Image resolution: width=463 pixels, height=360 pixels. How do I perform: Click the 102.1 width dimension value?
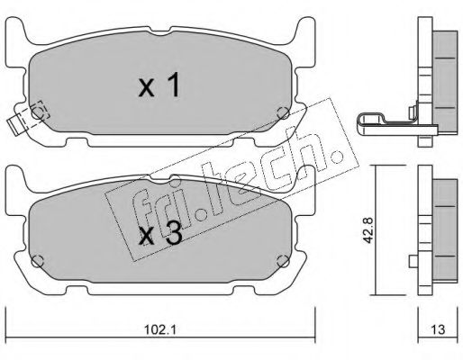pos(159,329)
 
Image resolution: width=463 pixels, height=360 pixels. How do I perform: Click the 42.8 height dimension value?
pos(368,230)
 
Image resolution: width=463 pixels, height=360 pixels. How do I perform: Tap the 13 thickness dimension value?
pos(439,329)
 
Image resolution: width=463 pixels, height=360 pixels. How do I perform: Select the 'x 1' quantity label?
pos(159,85)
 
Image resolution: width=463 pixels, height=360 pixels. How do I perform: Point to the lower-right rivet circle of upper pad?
pos(283,113)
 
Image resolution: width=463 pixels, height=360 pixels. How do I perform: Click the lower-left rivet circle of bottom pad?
pos(38,261)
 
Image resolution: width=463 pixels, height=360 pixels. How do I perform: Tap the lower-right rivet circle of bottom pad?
pos(283,261)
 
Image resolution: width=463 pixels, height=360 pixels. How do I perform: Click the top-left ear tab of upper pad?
pos(15,30)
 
